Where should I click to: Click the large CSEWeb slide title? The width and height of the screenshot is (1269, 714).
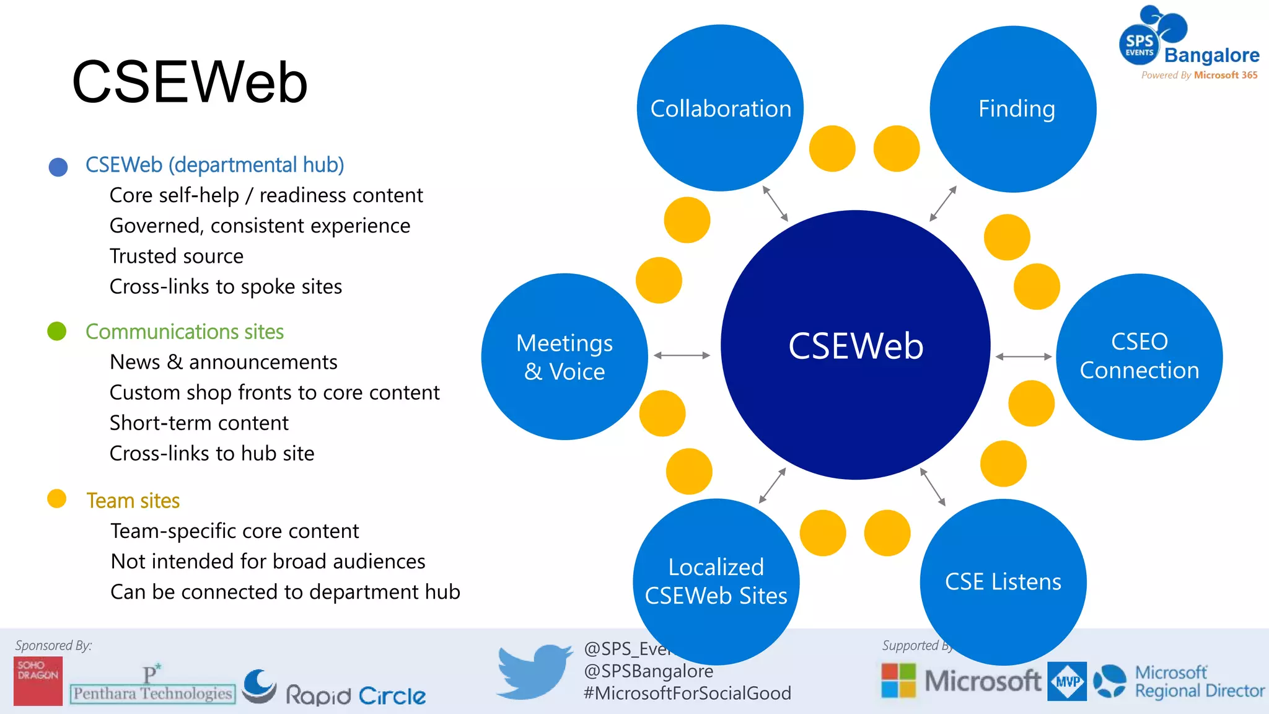(190, 82)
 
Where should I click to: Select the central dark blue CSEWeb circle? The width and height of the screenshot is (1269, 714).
(855, 345)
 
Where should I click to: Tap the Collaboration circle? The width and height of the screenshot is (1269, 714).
(720, 108)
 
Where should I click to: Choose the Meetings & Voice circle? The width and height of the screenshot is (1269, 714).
(564, 357)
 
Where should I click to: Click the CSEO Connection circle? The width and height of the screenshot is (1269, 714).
(1139, 356)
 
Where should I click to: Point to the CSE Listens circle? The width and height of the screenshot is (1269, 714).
(1003, 581)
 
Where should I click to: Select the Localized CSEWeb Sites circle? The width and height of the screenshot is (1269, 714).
(716, 581)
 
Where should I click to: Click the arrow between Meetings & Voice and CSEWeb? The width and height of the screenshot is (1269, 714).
(682, 355)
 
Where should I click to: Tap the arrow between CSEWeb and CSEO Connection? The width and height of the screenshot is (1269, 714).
(1023, 356)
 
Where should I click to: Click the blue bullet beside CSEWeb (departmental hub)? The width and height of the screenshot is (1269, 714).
(58, 167)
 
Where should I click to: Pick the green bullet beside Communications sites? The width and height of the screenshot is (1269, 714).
(57, 331)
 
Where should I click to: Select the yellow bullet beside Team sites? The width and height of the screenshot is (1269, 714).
(57, 499)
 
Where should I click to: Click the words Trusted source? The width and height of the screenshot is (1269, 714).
(176, 256)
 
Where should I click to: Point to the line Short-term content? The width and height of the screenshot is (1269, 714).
(199, 423)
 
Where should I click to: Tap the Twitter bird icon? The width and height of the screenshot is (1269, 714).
(534, 671)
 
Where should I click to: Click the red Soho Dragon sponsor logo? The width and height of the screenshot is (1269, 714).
(38, 681)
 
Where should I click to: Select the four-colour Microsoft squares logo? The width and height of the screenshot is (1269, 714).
(898, 681)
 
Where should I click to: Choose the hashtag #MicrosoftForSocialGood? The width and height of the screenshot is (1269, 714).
(687, 693)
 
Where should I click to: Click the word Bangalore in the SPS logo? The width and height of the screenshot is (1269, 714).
(1211, 55)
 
